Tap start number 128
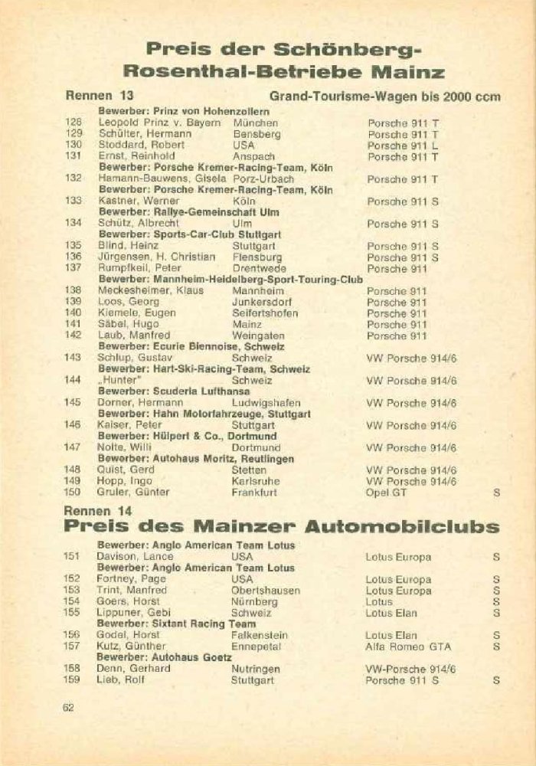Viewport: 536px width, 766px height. point(74,123)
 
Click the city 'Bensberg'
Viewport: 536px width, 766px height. point(257,134)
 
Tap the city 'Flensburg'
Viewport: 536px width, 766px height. point(258,257)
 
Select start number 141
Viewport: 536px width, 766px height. point(74,324)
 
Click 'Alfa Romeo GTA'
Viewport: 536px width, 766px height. point(408,647)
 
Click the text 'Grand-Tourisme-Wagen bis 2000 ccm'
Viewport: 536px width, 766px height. point(385,97)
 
